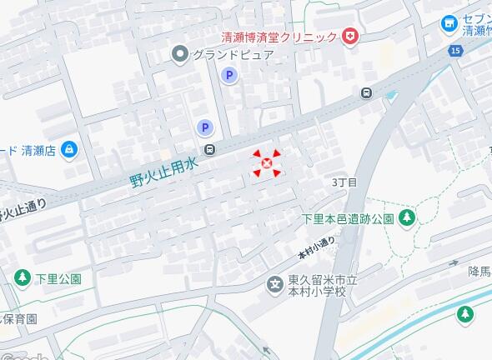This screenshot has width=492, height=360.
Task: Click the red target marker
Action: [x=267, y=164]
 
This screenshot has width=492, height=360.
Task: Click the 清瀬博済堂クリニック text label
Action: [x=279, y=37]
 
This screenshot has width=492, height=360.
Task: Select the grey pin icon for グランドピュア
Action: [x=179, y=55]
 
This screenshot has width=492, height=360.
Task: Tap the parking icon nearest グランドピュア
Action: [x=228, y=76]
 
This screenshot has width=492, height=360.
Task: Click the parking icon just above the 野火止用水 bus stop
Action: [x=204, y=127]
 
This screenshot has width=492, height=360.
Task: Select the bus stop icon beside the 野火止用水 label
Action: [x=209, y=150]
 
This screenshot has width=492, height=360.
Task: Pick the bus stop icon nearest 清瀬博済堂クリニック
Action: [x=366, y=92]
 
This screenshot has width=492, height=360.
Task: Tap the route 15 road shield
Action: [x=455, y=51]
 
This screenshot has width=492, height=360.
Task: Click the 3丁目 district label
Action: [x=344, y=182]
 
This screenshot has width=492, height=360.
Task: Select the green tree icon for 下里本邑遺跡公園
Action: [x=406, y=218]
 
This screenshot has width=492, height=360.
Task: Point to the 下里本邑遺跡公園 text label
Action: [x=348, y=218]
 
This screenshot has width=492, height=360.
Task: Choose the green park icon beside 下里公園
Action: [x=22, y=277]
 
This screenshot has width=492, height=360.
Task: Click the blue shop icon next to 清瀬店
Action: [x=69, y=150]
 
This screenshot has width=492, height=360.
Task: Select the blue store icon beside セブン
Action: [x=449, y=22]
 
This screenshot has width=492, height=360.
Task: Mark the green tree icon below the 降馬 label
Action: [x=464, y=314]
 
